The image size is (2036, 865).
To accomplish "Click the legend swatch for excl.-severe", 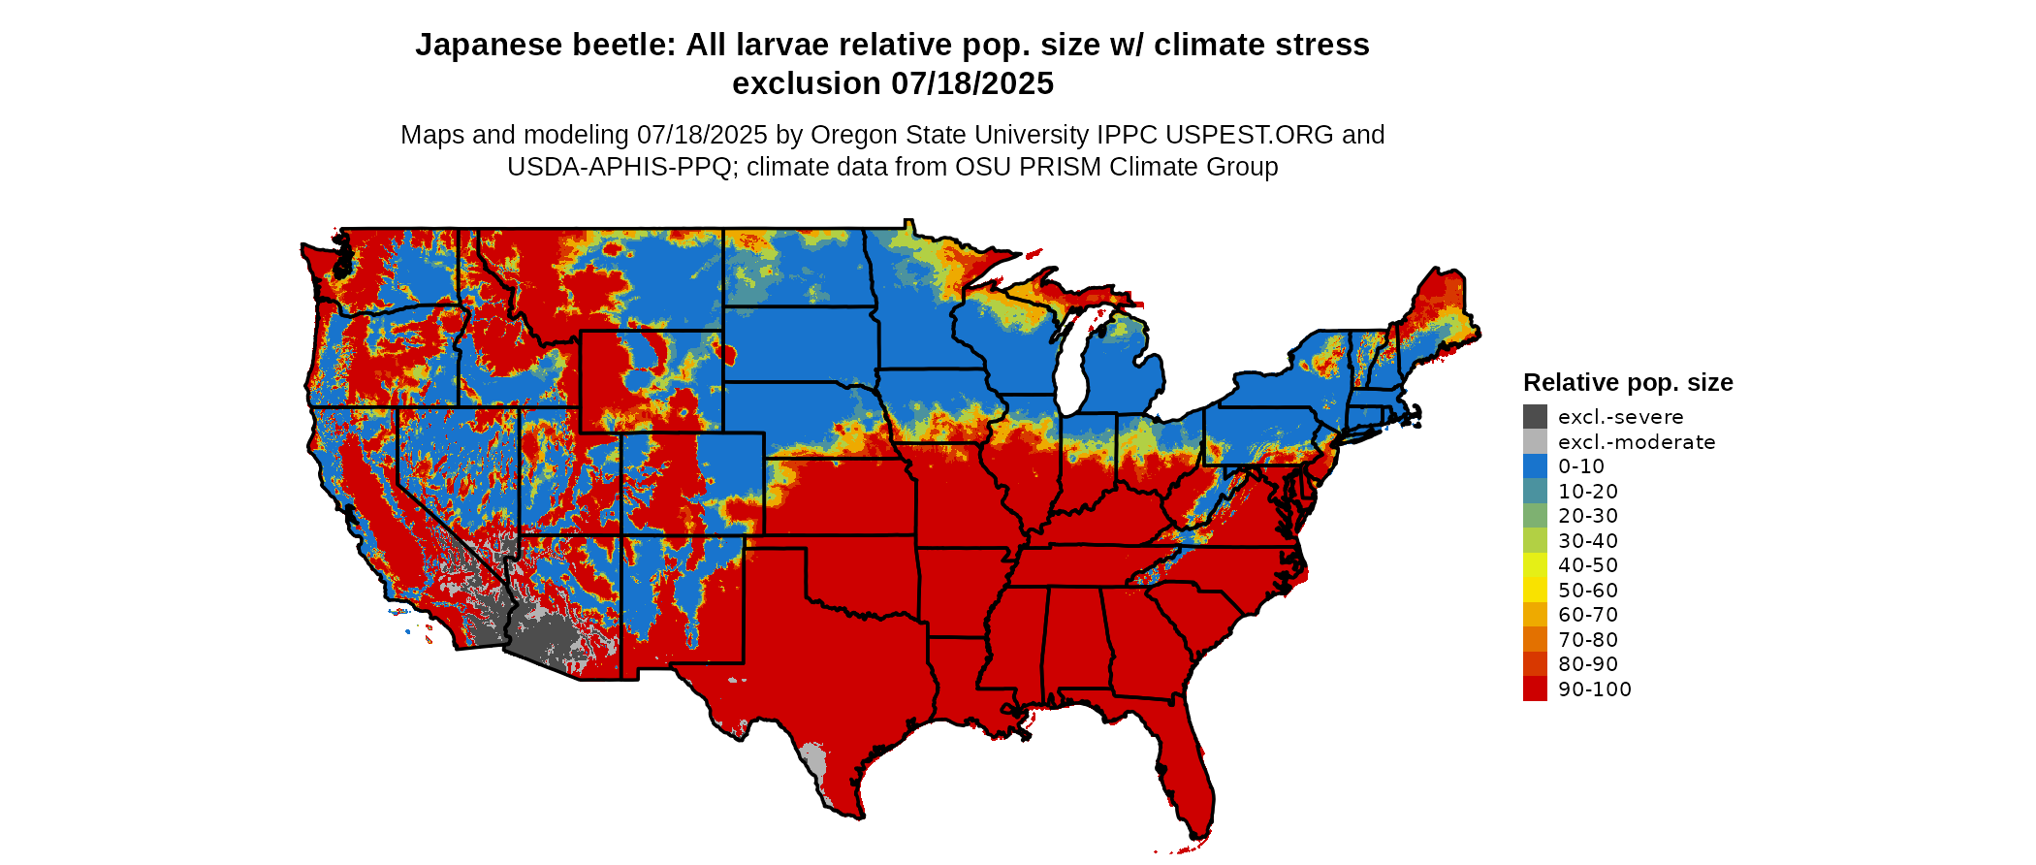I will click(1535, 417).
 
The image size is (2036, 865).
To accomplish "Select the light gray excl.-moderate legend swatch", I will click(1535, 442).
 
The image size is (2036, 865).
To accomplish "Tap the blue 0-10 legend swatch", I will click(1535, 466).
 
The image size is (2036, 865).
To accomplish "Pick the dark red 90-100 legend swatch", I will click(1535, 689).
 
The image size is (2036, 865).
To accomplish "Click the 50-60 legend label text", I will click(1588, 591).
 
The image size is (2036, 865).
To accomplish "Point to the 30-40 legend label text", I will click(1588, 541).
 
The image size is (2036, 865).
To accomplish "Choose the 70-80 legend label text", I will click(1588, 640).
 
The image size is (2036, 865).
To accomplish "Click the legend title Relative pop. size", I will click(1628, 382).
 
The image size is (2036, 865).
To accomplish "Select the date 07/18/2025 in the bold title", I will click(972, 84).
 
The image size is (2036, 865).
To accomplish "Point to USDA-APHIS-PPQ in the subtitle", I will click(619, 167).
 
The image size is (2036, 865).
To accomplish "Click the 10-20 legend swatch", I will click(1535, 492).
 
